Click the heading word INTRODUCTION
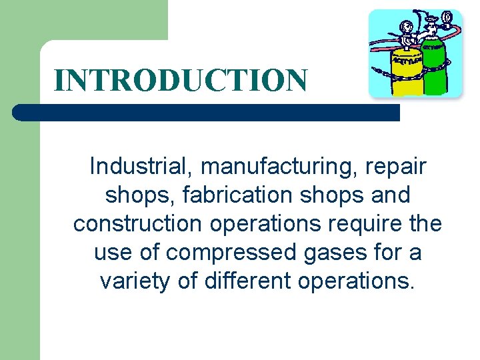[x=181, y=80]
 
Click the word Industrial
[x=141, y=166]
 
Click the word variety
[x=136, y=281]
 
